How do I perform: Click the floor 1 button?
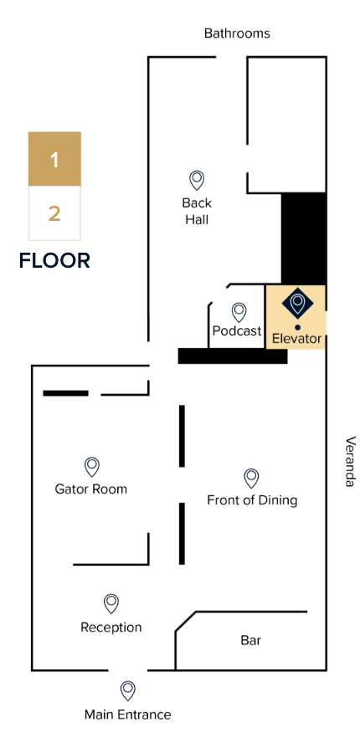coord(54,158)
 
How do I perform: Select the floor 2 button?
coord(54,213)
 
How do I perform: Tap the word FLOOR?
coord(54,261)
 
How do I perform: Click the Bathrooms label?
coord(237,33)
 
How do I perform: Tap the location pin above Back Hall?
coord(197,180)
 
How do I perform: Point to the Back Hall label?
coord(197,212)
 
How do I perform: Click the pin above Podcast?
coord(239,312)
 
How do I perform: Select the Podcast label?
coord(237,330)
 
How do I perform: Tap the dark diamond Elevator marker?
coord(297,303)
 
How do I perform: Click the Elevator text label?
coord(296,339)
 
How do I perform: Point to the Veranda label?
coord(351,462)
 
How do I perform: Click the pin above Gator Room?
coord(92,467)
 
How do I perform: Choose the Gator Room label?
coord(91,489)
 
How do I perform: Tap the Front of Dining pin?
coord(251,479)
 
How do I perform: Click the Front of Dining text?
coord(252,500)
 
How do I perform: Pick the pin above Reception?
coord(111,603)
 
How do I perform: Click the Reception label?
coord(111,627)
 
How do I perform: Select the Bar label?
coord(251,640)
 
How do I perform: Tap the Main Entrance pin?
coord(127,691)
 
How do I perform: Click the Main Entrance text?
coord(128,715)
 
